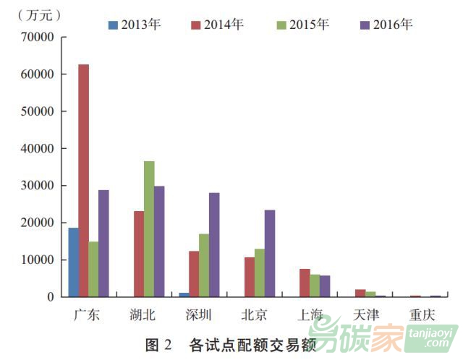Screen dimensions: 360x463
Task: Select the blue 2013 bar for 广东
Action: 74,262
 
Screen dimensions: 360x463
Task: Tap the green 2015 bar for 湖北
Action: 149,228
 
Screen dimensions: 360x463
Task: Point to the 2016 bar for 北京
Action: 270,253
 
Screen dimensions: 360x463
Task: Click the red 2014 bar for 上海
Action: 305,283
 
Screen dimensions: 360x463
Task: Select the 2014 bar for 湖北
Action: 139,254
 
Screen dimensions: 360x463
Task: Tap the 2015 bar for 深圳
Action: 204,265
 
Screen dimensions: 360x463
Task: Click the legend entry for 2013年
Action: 135,25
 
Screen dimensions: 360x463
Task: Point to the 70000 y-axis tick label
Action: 39,37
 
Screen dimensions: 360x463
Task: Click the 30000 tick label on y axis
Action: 39,186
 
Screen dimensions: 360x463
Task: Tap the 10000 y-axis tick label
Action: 39,260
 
